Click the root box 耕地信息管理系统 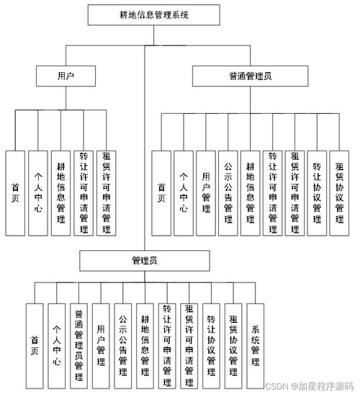click(145, 14)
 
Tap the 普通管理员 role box click(249, 74)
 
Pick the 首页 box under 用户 click(15, 193)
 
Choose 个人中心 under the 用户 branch click(38, 193)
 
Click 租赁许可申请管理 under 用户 click(107, 193)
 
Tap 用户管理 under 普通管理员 click(206, 193)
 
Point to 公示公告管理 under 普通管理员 click(228, 193)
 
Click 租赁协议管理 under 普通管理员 click(340, 193)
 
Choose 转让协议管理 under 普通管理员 click(318, 193)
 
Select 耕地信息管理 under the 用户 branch click(61, 193)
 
